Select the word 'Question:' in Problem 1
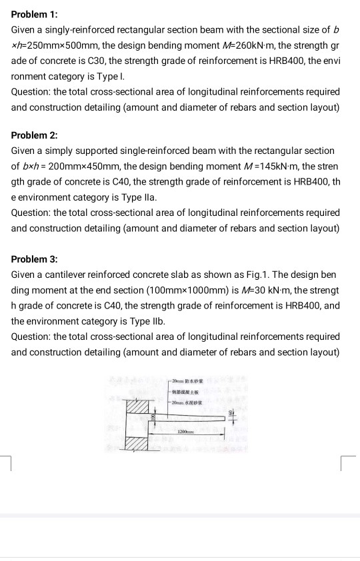33,91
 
